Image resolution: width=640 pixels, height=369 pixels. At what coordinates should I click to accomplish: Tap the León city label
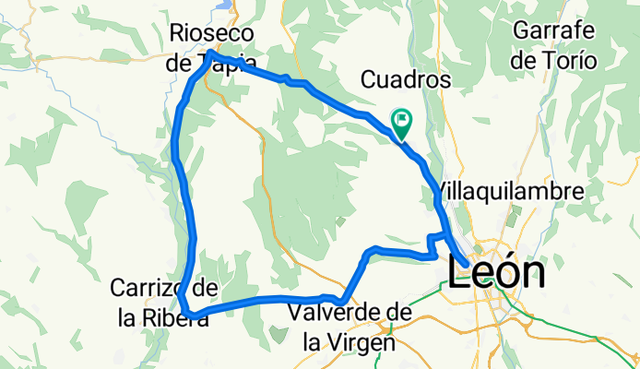click(x=495, y=273)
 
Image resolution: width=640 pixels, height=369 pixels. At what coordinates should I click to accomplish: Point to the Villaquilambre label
click(x=510, y=192)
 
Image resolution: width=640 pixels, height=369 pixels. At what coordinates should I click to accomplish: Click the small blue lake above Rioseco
click(x=224, y=4)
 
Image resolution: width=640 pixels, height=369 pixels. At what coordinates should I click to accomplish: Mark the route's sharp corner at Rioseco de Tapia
click(x=211, y=54)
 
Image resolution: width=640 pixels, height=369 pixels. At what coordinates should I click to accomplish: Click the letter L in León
click(x=457, y=273)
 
